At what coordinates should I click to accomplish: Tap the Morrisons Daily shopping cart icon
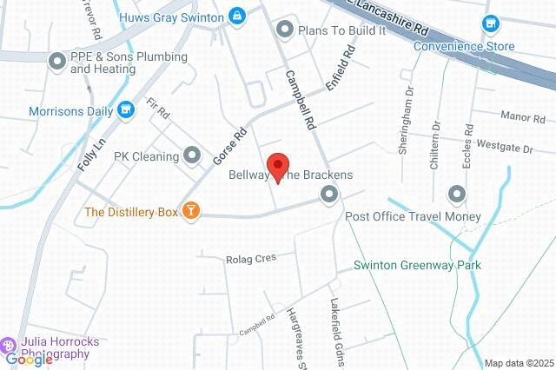click(127, 110)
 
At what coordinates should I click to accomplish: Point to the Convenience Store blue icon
click(491, 23)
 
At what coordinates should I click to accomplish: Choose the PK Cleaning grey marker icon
click(193, 156)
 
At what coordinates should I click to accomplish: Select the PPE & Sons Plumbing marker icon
click(56, 61)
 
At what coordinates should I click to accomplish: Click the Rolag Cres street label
click(250, 258)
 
